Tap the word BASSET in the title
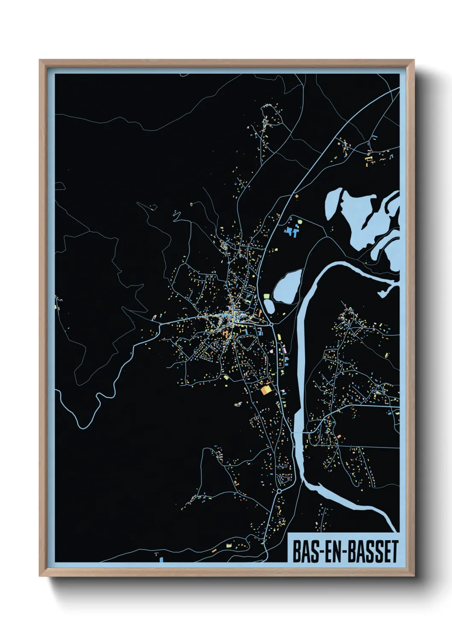coord(373,551)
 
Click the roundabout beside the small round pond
coord(272,325)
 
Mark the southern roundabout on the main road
coord(279,492)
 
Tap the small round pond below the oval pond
coord(269,306)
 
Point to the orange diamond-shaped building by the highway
coord(296,196)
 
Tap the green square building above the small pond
coord(267,296)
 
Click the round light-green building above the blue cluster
coord(299,222)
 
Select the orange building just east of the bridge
coord(339,436)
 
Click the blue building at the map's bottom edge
coord(161,559)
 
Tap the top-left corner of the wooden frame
coord(40,60)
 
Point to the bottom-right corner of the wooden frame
coord(414,576)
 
